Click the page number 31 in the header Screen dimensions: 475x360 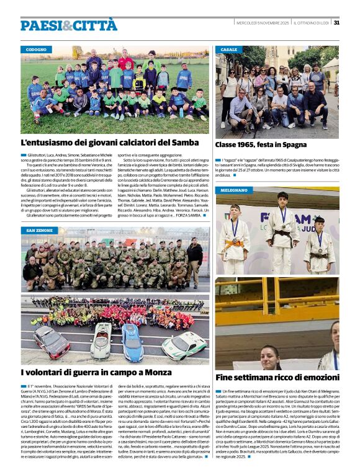[336, 23]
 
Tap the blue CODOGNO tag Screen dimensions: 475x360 [37, 49]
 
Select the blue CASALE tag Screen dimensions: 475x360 [228, 49]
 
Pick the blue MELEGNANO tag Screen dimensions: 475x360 [234, 190]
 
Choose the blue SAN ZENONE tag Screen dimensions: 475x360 [39, 230]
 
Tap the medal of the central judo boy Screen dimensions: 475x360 [283, 219]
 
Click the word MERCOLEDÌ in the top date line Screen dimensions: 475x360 [249, 23]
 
